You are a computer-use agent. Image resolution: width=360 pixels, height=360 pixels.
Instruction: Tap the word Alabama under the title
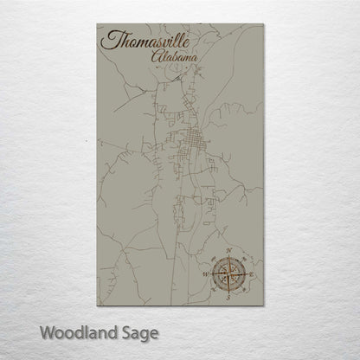[x=173, y=58]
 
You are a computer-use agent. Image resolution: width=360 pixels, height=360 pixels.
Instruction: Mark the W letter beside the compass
[x=206, y=274]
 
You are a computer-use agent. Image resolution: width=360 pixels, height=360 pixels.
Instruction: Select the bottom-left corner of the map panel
[x=97, y=305]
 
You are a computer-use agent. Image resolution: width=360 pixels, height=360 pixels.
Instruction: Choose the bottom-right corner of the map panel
[x=263, y=305]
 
